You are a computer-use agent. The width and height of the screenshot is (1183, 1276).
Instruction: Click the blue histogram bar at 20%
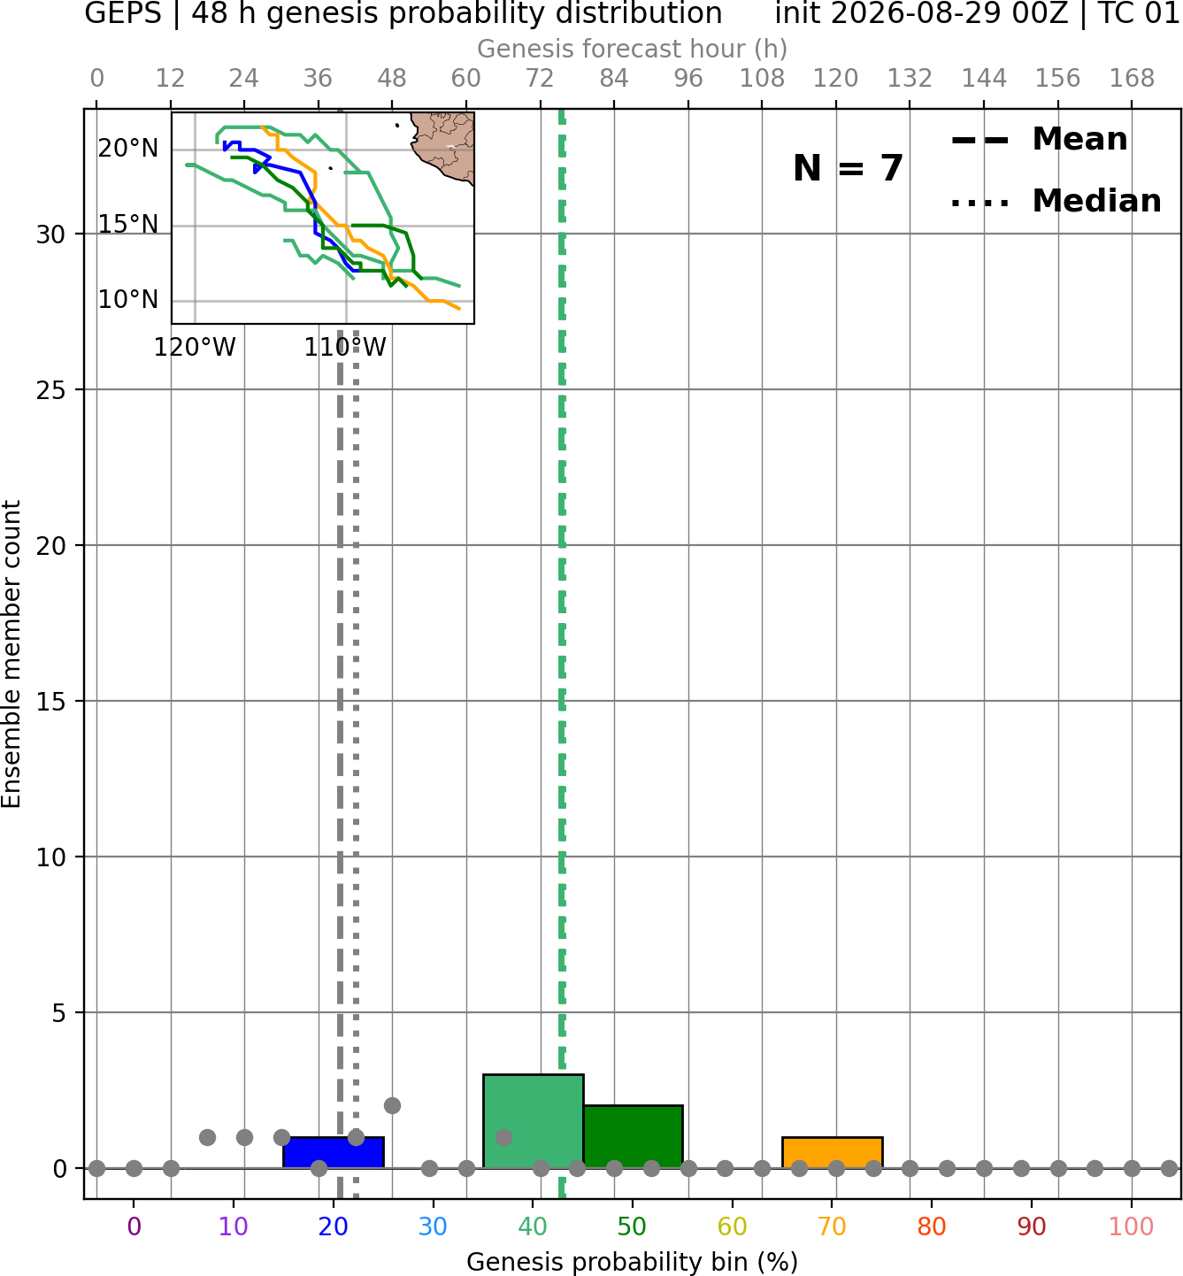pyautogui.click(x=334, y=1152)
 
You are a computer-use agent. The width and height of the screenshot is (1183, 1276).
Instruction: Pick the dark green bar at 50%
pyautogui.click(x=633, y=1136)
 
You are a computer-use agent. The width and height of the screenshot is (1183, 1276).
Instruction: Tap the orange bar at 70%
pyautogui.click(x=832, y=1152)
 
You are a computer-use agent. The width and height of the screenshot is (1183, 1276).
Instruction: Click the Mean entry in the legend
pyautogui.click(x=1039, y=140)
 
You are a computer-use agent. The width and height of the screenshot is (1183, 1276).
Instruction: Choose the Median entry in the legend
pyautogui.click(x=1056, y=202)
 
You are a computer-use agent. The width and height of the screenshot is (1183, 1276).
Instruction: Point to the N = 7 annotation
pyautogui.click(x=848, y=168)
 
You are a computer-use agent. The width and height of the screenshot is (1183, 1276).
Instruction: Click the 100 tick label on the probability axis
pyautogui.click(x=1132, y=1226)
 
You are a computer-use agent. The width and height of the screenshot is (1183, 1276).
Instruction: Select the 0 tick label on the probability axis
pyautogui.click(x=134, y=1226)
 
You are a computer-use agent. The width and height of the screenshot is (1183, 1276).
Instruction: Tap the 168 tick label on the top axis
pyautogui.click(x=1132, y=79)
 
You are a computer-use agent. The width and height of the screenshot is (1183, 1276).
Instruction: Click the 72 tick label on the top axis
pyautogui.click(x=540, y=79)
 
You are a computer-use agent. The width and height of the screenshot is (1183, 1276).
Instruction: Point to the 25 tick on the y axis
pyautogui.click(x=50, y=390)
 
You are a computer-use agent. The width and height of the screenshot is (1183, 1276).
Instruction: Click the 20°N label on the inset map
pyautogui.click(x=128, y=149)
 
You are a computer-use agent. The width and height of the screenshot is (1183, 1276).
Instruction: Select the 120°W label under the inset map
pyautogui.click(x=195, y=348)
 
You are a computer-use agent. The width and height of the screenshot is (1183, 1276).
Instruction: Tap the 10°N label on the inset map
pyautogui.click(x=128, y=299)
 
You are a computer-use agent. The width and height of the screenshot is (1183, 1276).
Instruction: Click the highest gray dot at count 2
pyautogui.click(x=392, y=1105)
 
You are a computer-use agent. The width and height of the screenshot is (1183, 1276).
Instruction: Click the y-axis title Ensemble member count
pyautogui.click(x=11, y=654)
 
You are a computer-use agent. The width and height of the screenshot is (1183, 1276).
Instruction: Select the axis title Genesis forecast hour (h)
pyautogui.click(x=633, y=49)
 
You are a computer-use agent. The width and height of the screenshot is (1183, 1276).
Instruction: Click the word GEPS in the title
pyautogui.click(x=123, y=13)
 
